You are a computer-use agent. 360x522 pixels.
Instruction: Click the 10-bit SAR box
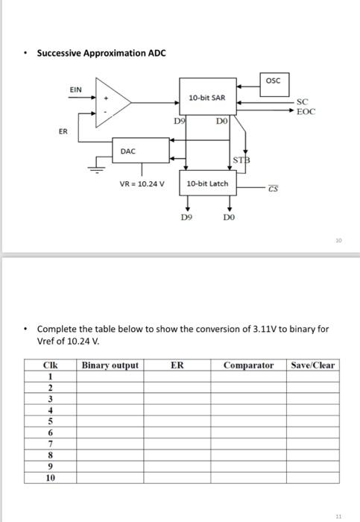pyautogui.click(x=206, y=98)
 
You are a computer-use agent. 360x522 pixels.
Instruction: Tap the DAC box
pyautogui.click(x=128, y=151)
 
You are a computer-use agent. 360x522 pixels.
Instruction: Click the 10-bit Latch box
pyautogui.click(x=206, y=183)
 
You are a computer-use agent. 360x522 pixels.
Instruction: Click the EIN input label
pyautogui.click(x=76, y=89)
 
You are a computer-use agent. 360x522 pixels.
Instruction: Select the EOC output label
pyautogui.click(x=306, y=110)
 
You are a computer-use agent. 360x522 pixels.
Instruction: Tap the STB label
pyautogui.click(x=241, y=160)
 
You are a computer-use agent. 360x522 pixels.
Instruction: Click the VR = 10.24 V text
pyautogui.click(x=142, y=183)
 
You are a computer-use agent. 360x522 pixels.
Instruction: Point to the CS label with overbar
pyautogui.click(x=274, y=189)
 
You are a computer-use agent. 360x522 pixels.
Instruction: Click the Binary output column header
pyautogui.click(x=110, y=365)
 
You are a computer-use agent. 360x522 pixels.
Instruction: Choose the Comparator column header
pyautogui.click(x=248, y=365)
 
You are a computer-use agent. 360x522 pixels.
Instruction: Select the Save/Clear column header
pyautogui.click(x=313, y=365)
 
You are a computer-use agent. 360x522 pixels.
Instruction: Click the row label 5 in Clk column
pyautogui.click(x=50, y=420)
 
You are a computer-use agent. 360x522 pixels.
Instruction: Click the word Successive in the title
pyautogui.click(x=59, y=53)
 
